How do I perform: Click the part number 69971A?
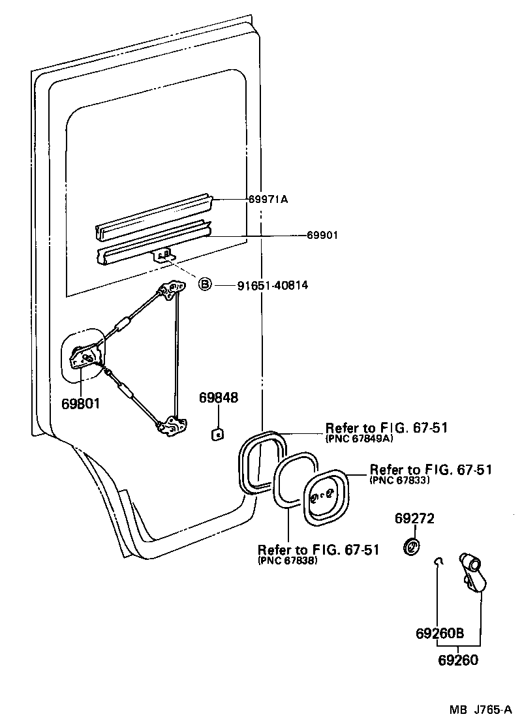[267, 199]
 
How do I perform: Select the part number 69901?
[322, 236]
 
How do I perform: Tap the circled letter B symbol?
[205, 285]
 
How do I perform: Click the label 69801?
[80, 403]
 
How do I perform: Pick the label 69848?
[219, 398]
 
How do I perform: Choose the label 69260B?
[439, 633]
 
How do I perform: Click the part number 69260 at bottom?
[457, 660]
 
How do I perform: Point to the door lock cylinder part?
[473, 570]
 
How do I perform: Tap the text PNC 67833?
[399, 480]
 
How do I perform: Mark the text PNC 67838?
[288, 560]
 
